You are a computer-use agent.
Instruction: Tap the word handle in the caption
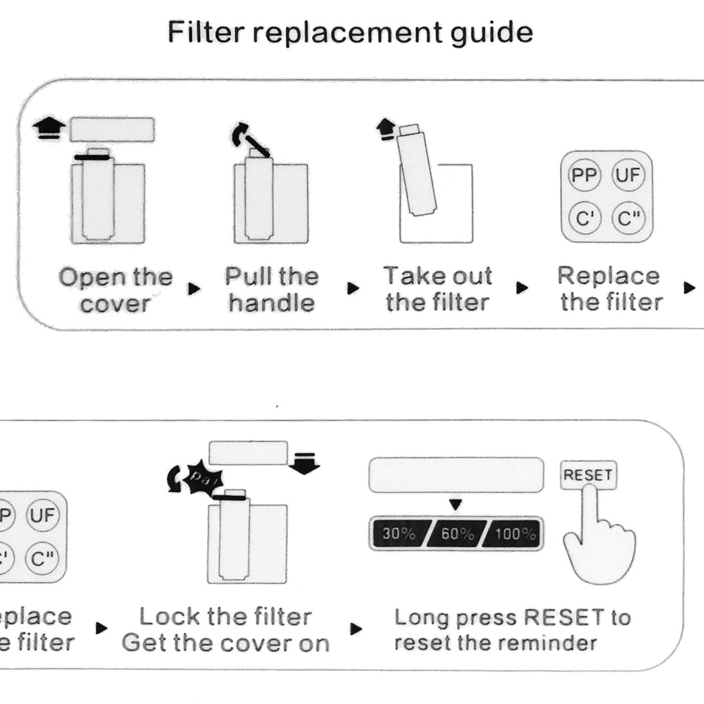pyautogui.click(x=272, y=302)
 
